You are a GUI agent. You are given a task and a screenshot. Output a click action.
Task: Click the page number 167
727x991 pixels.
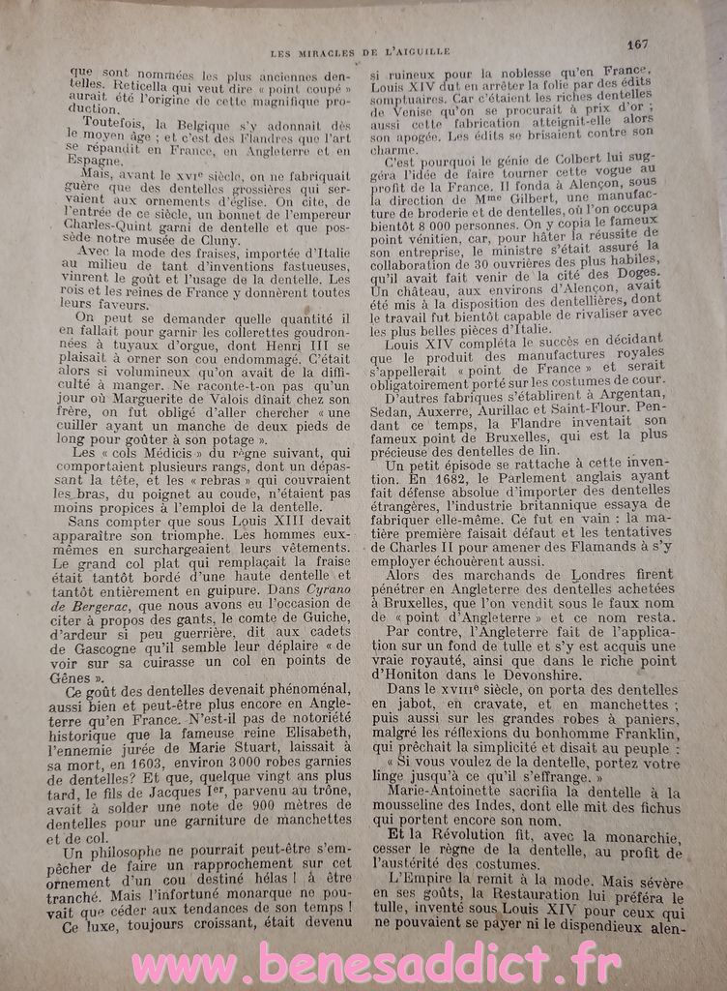tap(636, 44)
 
